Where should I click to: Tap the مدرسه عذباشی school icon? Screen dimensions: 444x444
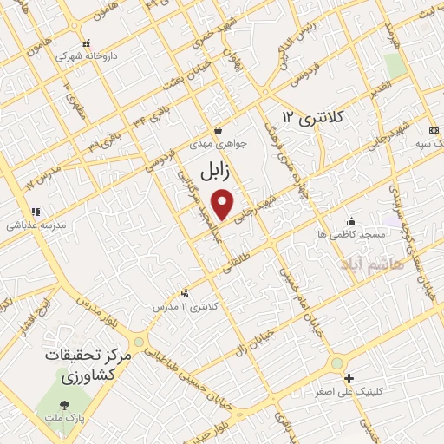tap(36, 211)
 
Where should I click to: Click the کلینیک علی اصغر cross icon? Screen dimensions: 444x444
tap(349, 378)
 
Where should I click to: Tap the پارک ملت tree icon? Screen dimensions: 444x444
tap(65, 404)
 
